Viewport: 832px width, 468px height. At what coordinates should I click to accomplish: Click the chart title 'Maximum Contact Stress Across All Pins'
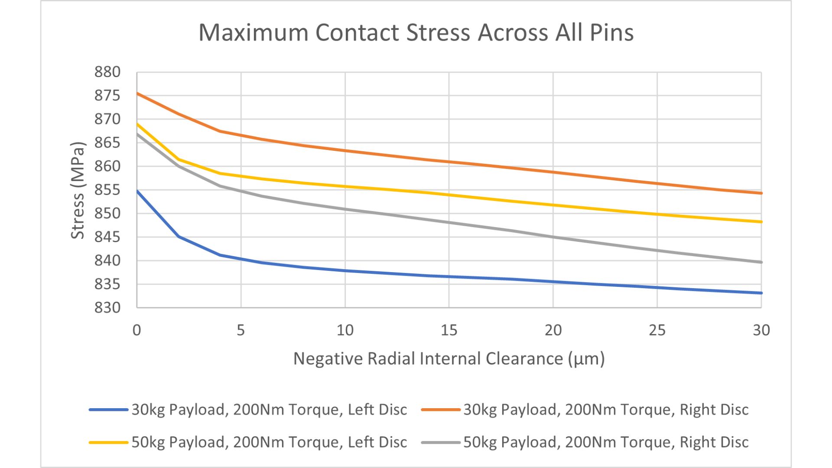(416, 32)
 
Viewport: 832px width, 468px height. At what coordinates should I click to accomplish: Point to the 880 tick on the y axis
(107, 72)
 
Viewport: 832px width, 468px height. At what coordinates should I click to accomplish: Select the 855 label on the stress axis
(107, 190)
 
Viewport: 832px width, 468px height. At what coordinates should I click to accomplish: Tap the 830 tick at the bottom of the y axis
(107, 308)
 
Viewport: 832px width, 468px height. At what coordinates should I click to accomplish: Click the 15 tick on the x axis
(449, 331)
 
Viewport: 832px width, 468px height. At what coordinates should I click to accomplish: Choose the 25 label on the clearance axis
(657, 331)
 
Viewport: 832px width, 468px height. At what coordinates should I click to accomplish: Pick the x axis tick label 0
(137, 331)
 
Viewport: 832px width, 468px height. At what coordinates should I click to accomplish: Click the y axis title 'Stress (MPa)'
(78, 190)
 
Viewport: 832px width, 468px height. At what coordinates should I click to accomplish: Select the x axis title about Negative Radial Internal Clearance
(449, 359)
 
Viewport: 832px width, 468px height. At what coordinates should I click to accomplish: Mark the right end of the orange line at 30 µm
(761, 193)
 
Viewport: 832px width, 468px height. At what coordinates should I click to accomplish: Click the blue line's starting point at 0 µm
(137, 191)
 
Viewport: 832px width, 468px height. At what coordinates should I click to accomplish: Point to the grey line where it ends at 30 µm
(761, 262)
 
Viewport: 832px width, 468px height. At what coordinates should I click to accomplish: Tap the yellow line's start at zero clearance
(137, 124)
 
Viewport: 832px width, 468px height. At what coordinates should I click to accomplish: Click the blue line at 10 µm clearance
(345, 270)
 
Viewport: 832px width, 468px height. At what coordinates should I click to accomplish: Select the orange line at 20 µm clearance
(553, 172)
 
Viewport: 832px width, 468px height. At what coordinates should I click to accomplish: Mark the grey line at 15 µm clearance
(449, 223)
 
